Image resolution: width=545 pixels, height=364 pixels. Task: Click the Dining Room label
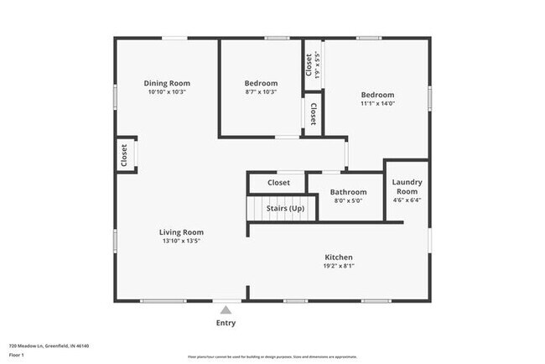tap(167, 83)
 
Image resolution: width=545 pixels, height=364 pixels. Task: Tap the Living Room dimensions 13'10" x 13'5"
tap(182, 241)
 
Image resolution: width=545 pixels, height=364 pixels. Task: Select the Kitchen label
tap(339, 257)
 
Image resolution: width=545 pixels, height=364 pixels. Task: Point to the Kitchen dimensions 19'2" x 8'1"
tap(339, 266)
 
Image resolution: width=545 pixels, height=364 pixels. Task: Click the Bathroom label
tap(348, 192)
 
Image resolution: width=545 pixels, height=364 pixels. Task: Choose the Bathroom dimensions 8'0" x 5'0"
tap(348, 200)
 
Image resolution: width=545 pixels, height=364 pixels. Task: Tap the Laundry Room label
tap(407, 186)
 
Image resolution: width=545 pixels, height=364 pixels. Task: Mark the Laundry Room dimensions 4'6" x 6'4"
tap(407, 200)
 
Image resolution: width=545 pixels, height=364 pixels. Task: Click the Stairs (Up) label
tap(285, 208)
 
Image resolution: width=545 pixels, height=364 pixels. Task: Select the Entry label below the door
tap(226, 323)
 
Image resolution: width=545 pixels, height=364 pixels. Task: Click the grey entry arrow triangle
tap(226, 309)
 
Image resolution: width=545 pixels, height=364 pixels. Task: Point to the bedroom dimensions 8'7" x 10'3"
tap(261, 91)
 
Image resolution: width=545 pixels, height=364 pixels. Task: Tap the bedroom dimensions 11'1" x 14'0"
tap(377, 104)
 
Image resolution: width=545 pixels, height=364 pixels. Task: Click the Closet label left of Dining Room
tap(124, 155)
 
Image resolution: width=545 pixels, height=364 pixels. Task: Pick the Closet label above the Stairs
tap(278, 182)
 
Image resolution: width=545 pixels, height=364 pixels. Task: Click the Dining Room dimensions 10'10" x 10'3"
tap(167, 91)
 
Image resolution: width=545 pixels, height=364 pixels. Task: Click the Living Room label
tap(182, 232)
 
